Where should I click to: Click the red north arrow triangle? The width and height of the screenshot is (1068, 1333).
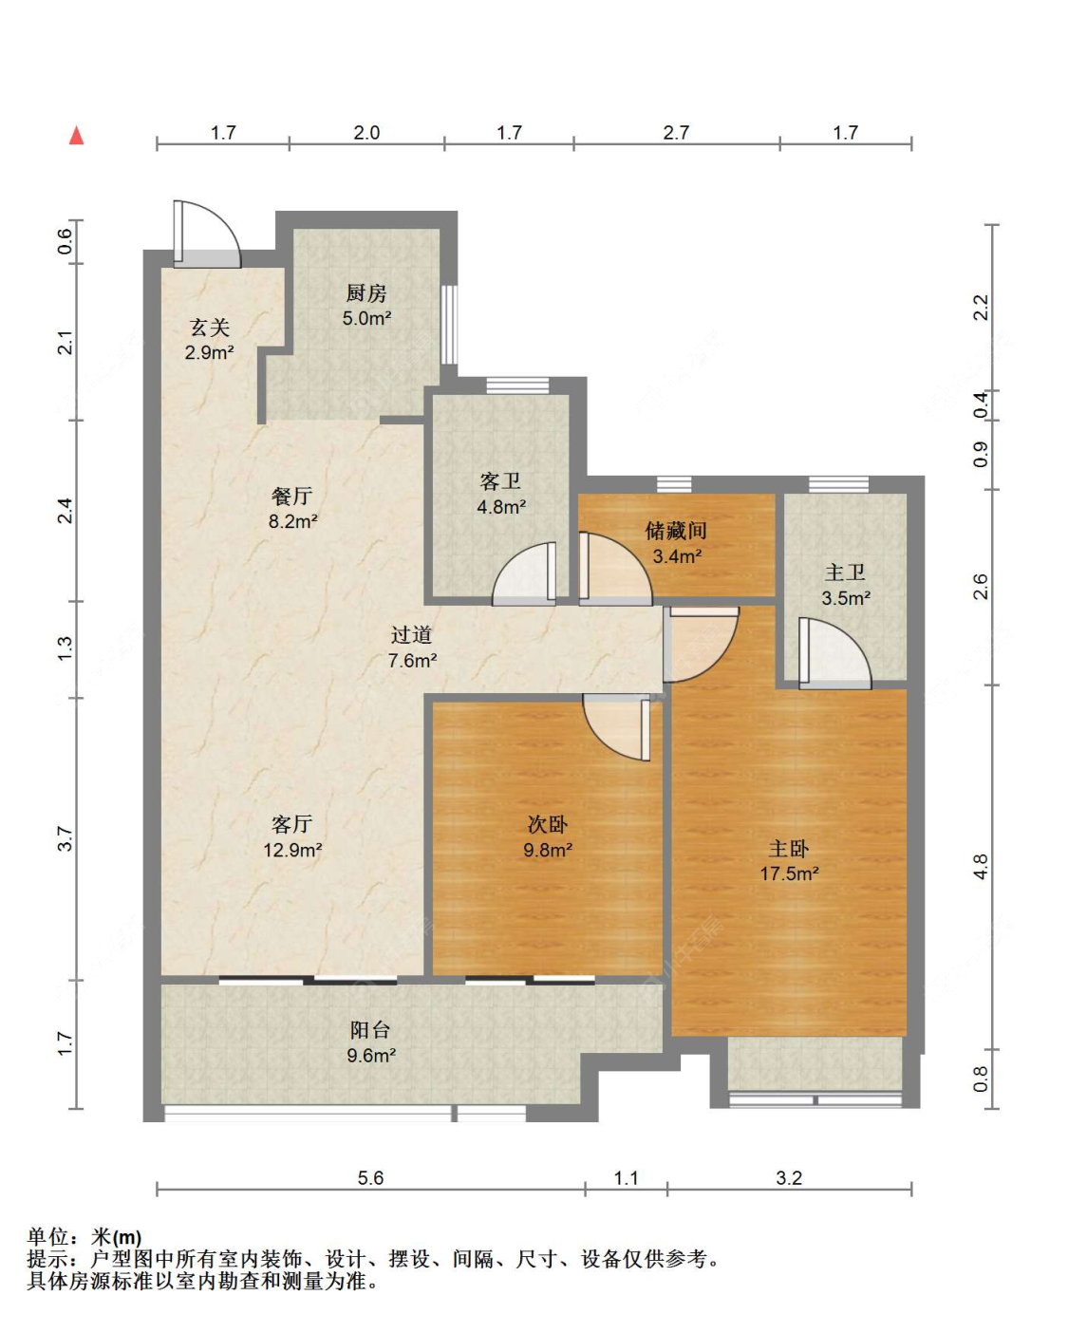coord(76,135)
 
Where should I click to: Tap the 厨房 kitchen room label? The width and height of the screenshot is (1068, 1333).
coord(366,292)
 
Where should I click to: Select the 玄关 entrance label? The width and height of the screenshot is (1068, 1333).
coord(210,327)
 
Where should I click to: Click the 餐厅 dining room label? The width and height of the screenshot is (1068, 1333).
coord(291,496)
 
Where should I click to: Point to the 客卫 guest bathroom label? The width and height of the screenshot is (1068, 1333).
coord(500,481)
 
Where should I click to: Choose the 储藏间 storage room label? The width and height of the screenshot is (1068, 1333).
coord(676,530)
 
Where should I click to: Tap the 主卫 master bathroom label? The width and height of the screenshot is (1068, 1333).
coord(845,573)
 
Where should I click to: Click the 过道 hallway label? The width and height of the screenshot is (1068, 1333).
coord(411,635)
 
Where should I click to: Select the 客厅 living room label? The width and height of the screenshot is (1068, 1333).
coord(291,824)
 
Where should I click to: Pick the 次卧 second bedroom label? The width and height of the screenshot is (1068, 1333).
coord(548,824)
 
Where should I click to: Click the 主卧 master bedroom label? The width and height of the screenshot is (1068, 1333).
coord(789,848)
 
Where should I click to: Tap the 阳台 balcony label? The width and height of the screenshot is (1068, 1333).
coord(370,1029)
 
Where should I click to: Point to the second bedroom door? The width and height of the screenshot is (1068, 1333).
coord(616,728)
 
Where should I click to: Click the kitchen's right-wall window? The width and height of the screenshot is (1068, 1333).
coord(450,324)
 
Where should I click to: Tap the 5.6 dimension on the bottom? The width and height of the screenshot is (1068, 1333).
coord(370,1177)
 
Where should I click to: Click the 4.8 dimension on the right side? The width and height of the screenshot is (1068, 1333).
coord(980,867)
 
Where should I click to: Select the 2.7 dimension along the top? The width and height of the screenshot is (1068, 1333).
coord(676,133)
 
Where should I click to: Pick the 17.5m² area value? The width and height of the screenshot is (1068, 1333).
coord(789,873)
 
